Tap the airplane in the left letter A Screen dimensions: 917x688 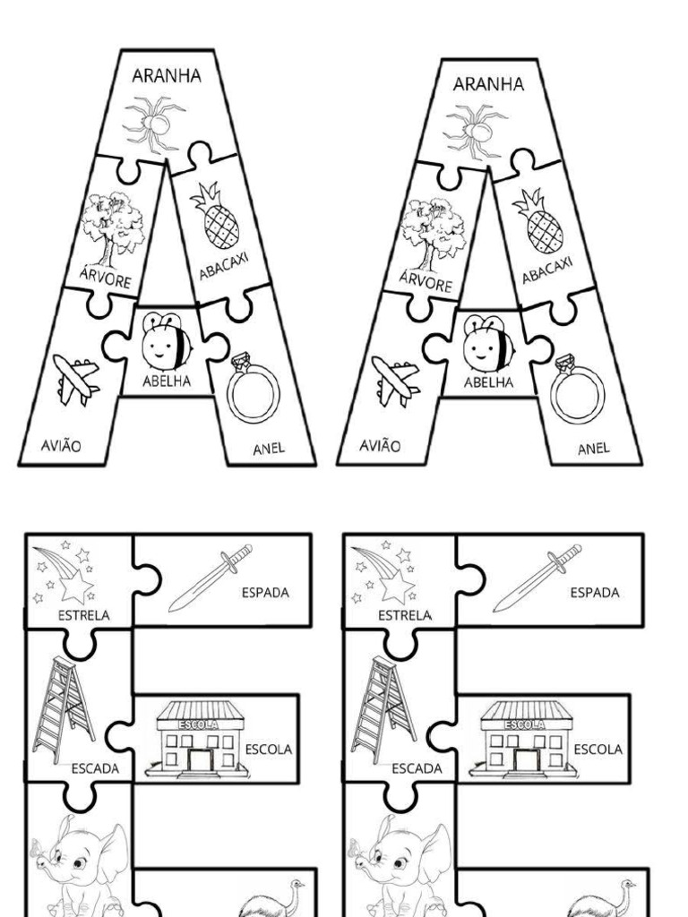pos(75,379)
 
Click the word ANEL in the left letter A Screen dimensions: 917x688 pos(269,448)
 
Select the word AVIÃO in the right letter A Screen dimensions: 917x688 pos(379,444)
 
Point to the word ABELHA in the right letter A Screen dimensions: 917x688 pos(488,382)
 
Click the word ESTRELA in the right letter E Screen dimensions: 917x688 pos(405,615)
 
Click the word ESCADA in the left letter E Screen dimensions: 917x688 pos(95,768)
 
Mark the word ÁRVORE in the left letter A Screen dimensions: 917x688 pos(105,280)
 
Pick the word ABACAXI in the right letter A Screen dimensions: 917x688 pos(547,268)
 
